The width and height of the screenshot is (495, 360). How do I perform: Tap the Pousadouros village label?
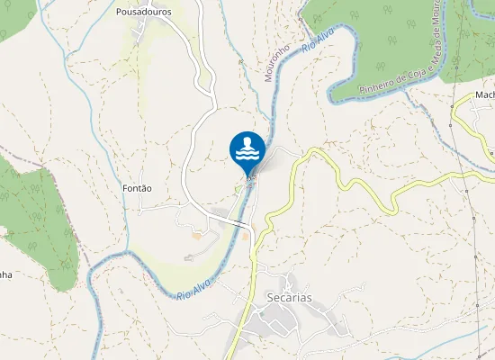pyautogui.click(x=144, y=13)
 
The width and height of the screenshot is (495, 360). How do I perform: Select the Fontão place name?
pyautogui.click(x=136, y=188)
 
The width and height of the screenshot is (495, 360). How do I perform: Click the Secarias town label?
pyautogui.click(x=289, y=296)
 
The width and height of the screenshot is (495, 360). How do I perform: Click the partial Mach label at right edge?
pyautogui.click(x=486, y=94)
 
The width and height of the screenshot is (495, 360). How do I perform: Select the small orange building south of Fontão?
pyautogui.click(x=197, y=237)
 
